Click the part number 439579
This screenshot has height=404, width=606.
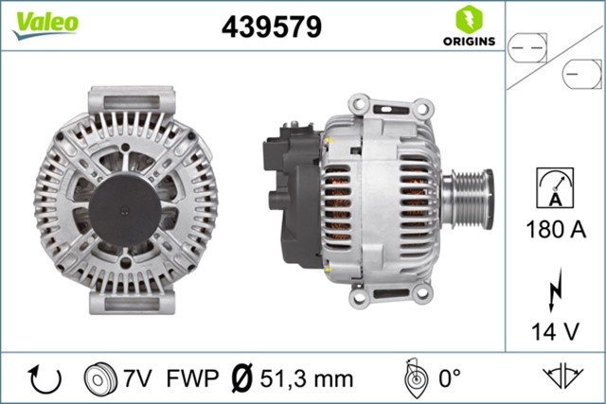pos(272,26)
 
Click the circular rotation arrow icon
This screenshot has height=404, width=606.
pos(45,378)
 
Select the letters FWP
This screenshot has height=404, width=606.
pos(193,378)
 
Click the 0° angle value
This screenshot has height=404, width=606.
pos(448,378)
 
